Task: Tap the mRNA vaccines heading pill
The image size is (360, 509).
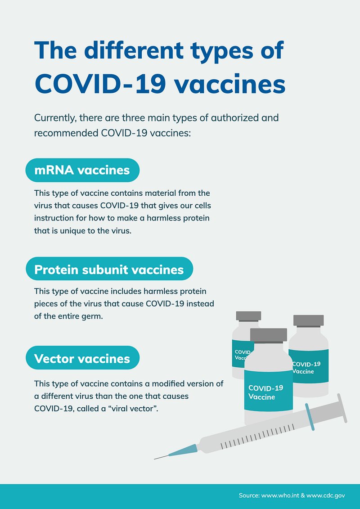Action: tap(82, 170)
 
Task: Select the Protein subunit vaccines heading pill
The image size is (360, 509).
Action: tap(109, 269)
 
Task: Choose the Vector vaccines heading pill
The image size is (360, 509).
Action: tap(82, 358)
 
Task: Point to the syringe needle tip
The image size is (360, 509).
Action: tap(154, 459)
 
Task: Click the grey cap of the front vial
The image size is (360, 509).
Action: tap(269, 335)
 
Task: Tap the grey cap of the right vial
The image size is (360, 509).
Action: tap(308, 320)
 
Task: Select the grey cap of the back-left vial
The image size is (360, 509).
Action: tap(248, 316)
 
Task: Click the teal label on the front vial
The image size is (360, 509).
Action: tap(269, 391)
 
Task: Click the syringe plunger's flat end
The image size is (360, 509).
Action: tap(342, 408)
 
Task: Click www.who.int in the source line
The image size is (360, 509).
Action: tap(277, 495)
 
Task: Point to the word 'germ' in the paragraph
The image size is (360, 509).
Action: tap(94, 316)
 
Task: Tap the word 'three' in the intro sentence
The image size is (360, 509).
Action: tap(134, 117)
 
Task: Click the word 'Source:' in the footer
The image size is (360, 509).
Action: tap(249, 495)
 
